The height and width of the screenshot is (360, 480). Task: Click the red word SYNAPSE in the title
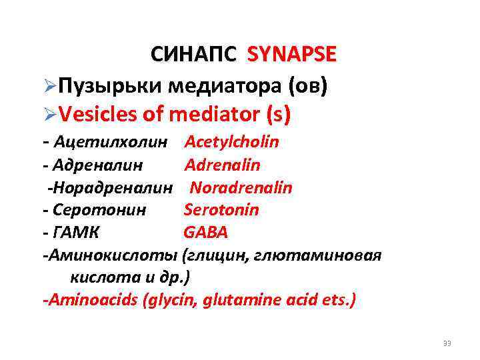click(291, 55)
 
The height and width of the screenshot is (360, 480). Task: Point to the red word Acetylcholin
click(231, 142)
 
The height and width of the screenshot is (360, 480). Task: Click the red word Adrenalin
click(222, 165)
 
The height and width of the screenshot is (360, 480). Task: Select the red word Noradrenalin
click(241, 187)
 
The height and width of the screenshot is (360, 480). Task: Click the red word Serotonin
click(221, 210)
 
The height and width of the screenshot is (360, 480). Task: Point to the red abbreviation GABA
click(205, 233)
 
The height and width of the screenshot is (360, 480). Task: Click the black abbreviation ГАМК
click(80, 233)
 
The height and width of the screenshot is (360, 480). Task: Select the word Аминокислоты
click(113, 255)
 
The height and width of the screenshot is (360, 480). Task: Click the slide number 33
click(447, 343)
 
